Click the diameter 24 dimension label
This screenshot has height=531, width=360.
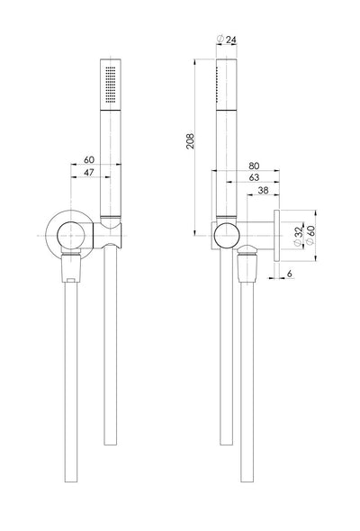point(227,40)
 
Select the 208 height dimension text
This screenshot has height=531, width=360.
point(190,140)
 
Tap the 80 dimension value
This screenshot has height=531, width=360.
point(254,166)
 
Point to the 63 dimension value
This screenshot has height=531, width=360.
point(254,177)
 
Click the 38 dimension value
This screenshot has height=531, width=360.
point(263,190)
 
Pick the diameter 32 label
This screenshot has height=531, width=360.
point(297,236)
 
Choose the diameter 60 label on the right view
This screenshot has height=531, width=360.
point(310,235)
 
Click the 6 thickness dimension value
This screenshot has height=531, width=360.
point(290,274)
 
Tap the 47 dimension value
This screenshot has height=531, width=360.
point(89,173)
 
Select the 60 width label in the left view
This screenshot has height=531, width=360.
point(89,159)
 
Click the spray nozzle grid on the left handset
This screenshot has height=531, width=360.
point(111,84)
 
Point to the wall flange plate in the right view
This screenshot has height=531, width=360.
point(276,236)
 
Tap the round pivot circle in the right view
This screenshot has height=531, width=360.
point(227,236)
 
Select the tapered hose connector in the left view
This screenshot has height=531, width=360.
point(71,267)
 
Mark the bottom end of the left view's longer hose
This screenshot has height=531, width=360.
point(71,481)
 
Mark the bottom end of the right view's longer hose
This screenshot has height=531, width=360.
point(247,481)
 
